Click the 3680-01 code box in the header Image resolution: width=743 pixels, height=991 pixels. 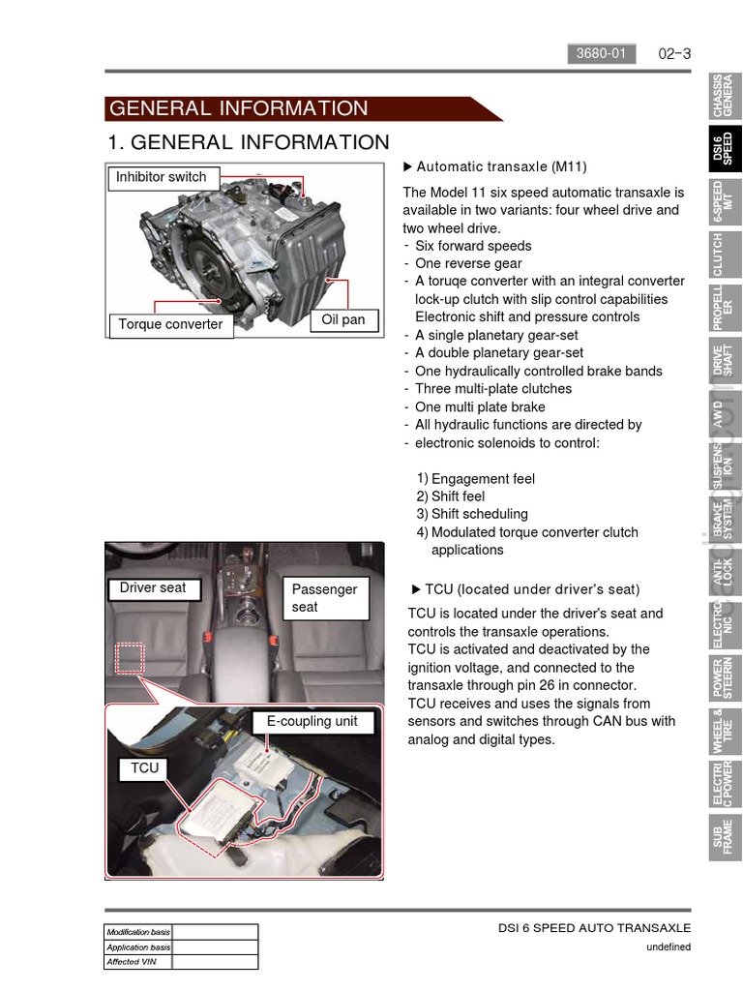pyautogui.click(x=601, y=54)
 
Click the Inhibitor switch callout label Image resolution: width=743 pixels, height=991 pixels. pyautogui.click(x=162, y=178)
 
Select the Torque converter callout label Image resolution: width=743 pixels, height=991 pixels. pyautogui.click(x=170, y=324)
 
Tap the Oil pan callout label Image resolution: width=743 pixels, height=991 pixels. pyautogui.click(x=343, y=320)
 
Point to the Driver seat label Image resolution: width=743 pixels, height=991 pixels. pyautogui.click(x=153, y=587)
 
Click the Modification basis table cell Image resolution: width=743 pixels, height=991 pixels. pyautogui.click(x=138, y=932)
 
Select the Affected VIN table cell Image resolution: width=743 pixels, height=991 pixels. pyautogui.click(x=138, y=962)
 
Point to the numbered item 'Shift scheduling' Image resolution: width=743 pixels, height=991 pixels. pyautogui.click(x=479, y=514)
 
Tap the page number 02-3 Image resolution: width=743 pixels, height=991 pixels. pyautogui.click(x=674, y=54)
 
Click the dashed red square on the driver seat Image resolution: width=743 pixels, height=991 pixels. pyautogui.click(x=130, y=658)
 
